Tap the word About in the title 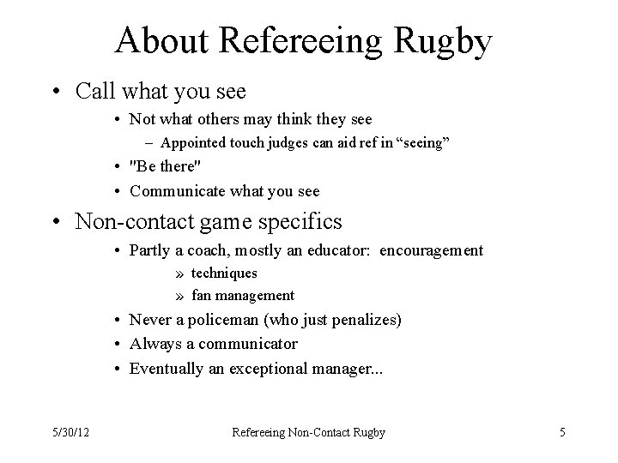[x=157, y=40]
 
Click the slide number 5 [x=562, y=433]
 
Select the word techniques [x=224, y=274]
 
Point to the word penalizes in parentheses [x=367, y=320]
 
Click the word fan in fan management [x=200, y=296]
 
